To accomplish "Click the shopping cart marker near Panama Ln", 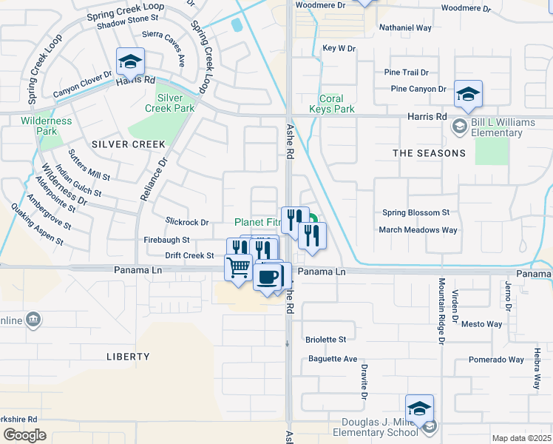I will coord(238,267).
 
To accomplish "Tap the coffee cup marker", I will coord(267,277).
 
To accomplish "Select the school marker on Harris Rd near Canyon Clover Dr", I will coord(130,62).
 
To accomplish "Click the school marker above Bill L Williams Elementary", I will coord(468,94).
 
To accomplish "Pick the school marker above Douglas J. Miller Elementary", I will coord(419,408).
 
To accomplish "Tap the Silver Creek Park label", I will coord(175,103).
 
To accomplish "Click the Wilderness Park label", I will coord(46,126).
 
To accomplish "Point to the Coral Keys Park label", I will coord(336,104).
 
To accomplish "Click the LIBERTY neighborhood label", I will coord(129,357).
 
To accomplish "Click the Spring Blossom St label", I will coord(415,212).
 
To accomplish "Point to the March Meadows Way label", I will coord(418,230).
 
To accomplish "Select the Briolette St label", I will coord(325,340).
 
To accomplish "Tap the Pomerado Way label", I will coord(496,360).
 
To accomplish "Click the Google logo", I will coord(24,435).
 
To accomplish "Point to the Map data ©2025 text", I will coord(521,438).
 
